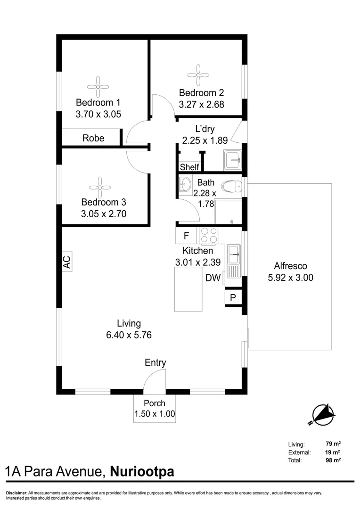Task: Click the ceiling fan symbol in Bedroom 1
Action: [x=98, y=86]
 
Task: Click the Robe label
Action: [x=93, y=138]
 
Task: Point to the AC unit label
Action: [x=67, y=262]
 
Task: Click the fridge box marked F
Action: [x=186, y=236]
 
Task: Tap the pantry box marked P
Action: [x=233, y=297]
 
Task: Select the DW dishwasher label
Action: [x=213, y=278]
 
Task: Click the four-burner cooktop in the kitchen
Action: [x=208, y=235]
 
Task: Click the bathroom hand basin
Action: [x=184, y=184]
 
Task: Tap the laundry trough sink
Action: [x=232, y=160]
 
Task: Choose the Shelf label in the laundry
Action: [x=189, y=167]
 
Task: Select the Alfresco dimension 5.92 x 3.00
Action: [x=290, y=278]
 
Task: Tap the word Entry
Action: [x=155, y=362]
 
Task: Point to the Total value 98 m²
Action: [x=333, y=460]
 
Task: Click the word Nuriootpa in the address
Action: [x=142, y=471]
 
